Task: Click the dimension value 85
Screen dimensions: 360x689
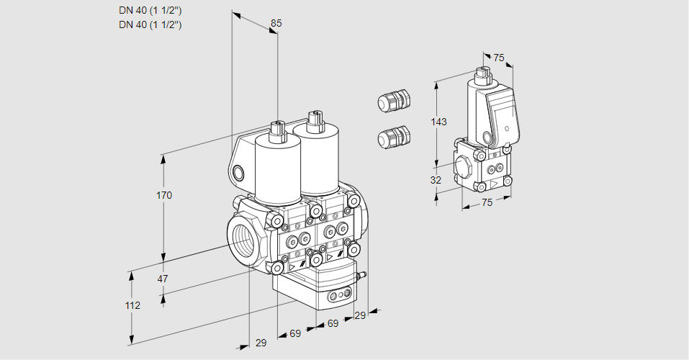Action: [276, 23]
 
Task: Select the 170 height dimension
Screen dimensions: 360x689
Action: [164, 195]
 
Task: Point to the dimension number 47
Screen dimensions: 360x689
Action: [163, 279]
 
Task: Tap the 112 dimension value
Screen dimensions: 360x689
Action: [132, 305]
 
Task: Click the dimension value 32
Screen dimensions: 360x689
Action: [436, 180]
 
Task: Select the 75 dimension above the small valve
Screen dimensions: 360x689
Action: [498, 58]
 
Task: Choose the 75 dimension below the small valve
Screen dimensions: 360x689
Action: [487, 203]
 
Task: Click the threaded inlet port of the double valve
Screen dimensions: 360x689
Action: [241, 238]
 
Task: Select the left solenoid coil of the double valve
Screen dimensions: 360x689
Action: [278, 168]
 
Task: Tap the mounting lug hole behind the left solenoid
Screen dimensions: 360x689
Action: [239, 173]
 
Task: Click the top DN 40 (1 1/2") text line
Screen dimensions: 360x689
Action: [150, 10]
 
